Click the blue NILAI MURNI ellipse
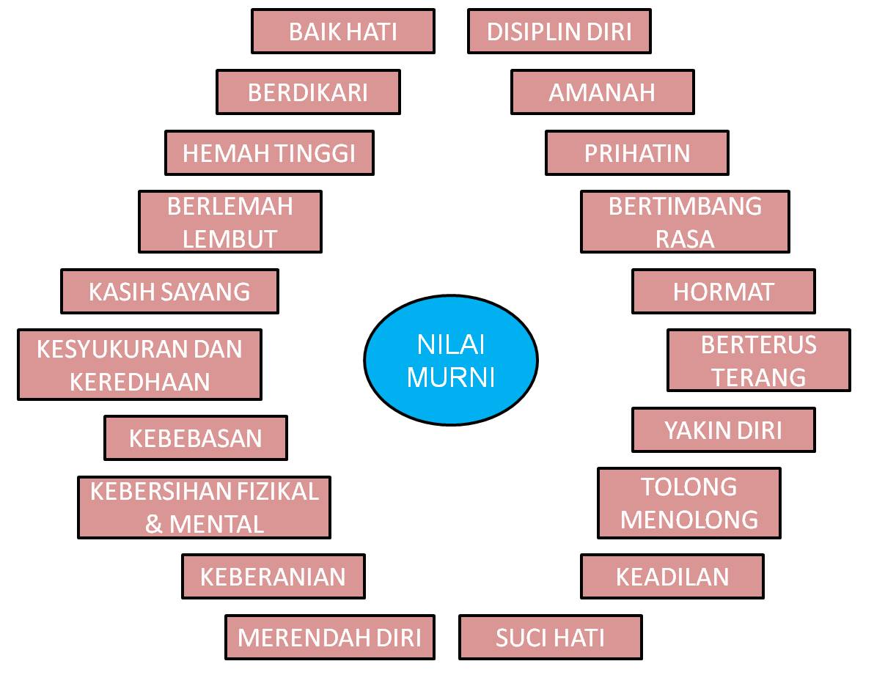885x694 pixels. [451, 360]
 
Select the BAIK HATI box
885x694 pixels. [343, 32]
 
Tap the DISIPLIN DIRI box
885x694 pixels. [559, 32]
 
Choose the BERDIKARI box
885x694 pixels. [308, 92]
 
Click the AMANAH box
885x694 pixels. [602, 92]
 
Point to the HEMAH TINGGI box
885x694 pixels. [269, 153]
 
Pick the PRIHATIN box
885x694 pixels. [637, 153]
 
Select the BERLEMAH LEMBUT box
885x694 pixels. [230, 222]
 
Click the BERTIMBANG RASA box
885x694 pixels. [685, 222]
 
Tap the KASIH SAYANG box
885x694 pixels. [169, 292]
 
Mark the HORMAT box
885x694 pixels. [723, 292]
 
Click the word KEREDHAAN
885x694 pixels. [140, 382]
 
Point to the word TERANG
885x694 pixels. [759, 377]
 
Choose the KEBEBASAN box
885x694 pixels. [196, 438]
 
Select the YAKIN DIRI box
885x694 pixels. [723, 430]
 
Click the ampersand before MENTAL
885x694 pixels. [154, 525]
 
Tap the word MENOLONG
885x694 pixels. [689, 520]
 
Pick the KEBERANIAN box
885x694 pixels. [273, 577]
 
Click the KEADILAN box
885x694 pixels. [672, 577]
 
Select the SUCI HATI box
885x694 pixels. [551, 638]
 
